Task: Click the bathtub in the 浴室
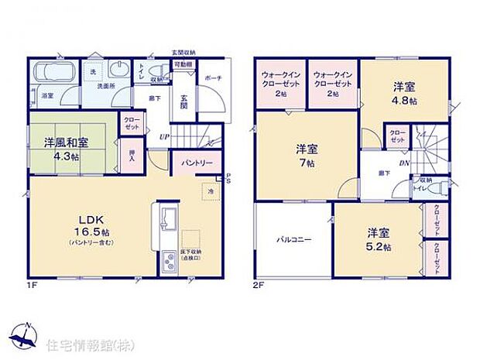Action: pos(53,76)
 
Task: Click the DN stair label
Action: pos(404,164)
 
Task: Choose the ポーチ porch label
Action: pos(212,77)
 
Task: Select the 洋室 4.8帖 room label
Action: pos(403,94)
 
